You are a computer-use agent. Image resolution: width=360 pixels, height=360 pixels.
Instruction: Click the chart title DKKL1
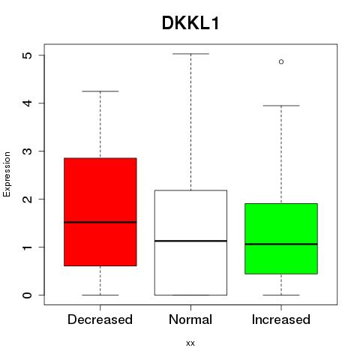click(x=190, y=23)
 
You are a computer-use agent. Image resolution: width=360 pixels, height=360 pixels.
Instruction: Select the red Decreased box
click(x=100, y=211)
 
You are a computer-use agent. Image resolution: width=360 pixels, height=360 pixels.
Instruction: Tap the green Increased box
click(x=281, y=238)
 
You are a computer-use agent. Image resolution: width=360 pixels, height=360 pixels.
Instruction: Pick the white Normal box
click(x=190, y=243)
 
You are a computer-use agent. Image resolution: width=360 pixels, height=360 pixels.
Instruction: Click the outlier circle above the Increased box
click(x=281, y=61)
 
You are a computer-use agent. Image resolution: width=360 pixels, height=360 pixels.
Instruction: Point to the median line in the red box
click(x=100, y=222)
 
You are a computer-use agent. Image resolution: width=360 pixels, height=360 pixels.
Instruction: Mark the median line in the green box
click(x=281, y=244)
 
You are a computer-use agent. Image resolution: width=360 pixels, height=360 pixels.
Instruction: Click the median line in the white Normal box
click(x=190, y=241)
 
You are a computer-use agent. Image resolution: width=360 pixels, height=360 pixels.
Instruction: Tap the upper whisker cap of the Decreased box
click(x=100, y=91)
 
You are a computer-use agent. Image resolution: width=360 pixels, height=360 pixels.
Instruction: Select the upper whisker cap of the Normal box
click(x=190, y=54)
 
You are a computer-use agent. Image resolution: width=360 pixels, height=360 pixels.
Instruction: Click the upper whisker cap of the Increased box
click(x=281, y=106)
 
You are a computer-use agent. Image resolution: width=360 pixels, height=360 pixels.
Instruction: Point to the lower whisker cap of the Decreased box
click(x=100, y=295)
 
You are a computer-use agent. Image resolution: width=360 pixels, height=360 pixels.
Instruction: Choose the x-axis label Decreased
click(x=100, y=319)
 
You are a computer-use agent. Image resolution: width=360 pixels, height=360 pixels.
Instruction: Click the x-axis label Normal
click(x=190, y=319)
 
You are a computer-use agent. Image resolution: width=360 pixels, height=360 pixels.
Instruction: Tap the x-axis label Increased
click(x=281, y=319)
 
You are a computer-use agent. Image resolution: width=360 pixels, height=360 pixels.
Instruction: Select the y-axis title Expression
click(x=7, y=174)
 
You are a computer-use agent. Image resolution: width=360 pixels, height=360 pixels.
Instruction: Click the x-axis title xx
click(x=190, y=343)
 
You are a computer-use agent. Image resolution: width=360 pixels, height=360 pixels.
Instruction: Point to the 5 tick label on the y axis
click(x=28, y=55)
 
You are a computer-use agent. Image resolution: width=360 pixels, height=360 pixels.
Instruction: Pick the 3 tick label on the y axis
click(x=28, y=151)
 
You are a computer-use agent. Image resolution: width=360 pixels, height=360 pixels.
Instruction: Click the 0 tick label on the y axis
click(x=28, y=295)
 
